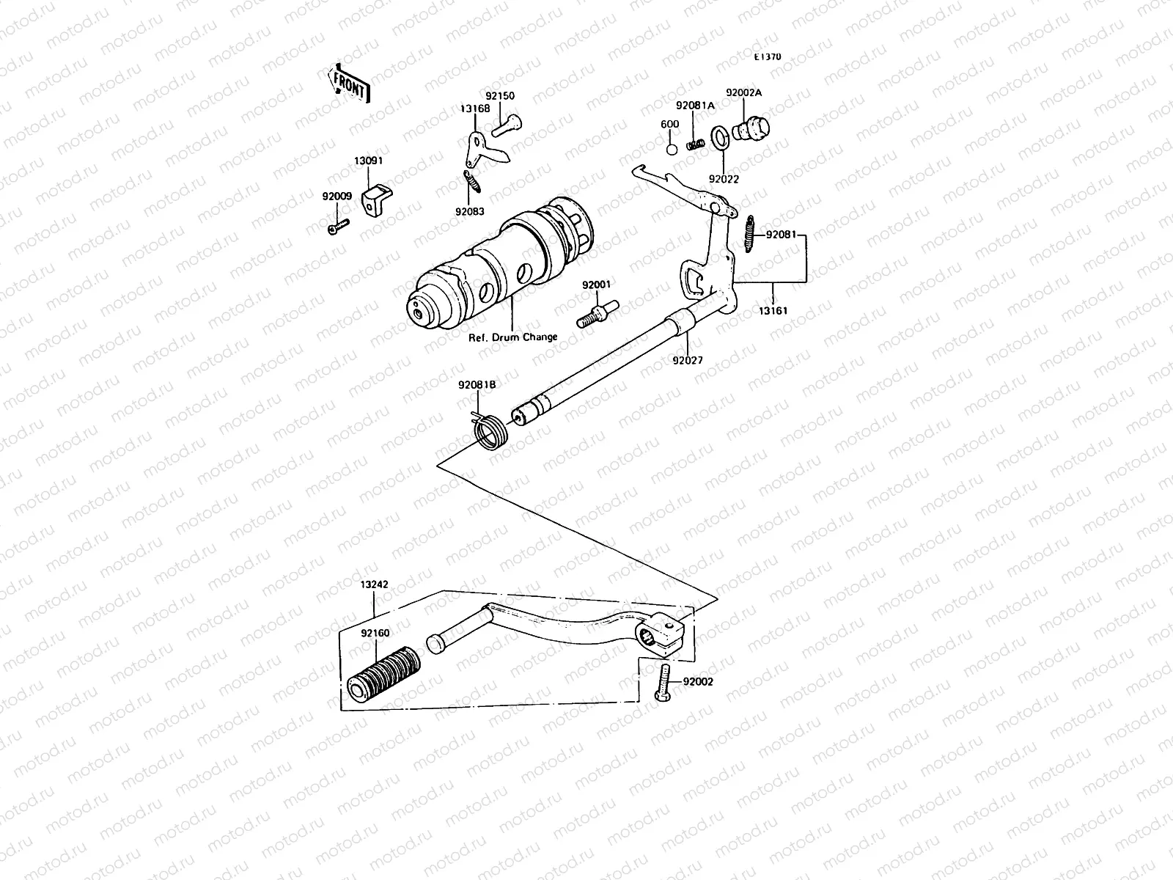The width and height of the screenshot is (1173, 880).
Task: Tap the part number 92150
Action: [x=500, y=96]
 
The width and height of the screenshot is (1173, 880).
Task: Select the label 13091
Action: [x=369, y=161]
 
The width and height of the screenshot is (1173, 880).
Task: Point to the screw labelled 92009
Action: [x=337, y=223]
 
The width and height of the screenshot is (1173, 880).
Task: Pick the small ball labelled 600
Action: [x=671, y=149]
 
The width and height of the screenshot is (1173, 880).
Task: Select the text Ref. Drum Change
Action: [x=513, y=337]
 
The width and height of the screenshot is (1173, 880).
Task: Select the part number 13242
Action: [x=374, y=584]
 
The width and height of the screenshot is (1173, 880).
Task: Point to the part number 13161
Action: [x=773, y=311]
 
